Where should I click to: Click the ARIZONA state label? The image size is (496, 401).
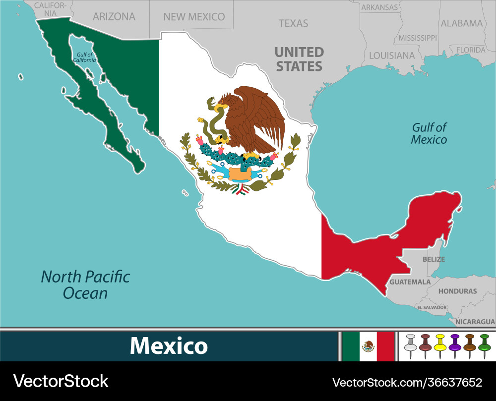click(x=114, y=16)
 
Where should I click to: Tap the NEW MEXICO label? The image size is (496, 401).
click(x=194, y=17)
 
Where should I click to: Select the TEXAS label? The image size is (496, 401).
click(x=293, y=23)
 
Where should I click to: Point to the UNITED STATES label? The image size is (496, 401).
click(x=299, y=59)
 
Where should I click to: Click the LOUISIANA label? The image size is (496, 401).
click(x=392, y=56)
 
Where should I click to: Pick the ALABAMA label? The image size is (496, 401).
click(x=461, y=23)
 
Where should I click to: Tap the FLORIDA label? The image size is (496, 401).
click(x=470, y=50)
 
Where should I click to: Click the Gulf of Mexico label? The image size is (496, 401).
click(x=429, y=133)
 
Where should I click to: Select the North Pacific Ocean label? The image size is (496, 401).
click(x=85, y=285)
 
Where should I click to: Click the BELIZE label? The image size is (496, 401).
click(x=434, y=259)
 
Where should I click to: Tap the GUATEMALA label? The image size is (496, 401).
click(x=410, y=282)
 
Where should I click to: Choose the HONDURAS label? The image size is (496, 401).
click(x=457, y=291)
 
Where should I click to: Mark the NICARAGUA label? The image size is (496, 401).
click(x=475, y=322)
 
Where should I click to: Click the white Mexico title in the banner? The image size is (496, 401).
click(x=169, y=346)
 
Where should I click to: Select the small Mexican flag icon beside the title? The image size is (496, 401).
click(x=368, y=346)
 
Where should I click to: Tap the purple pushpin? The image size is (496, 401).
click(x=455, y=345)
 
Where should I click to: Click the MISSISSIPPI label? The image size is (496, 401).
click(x=418, y=38)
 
